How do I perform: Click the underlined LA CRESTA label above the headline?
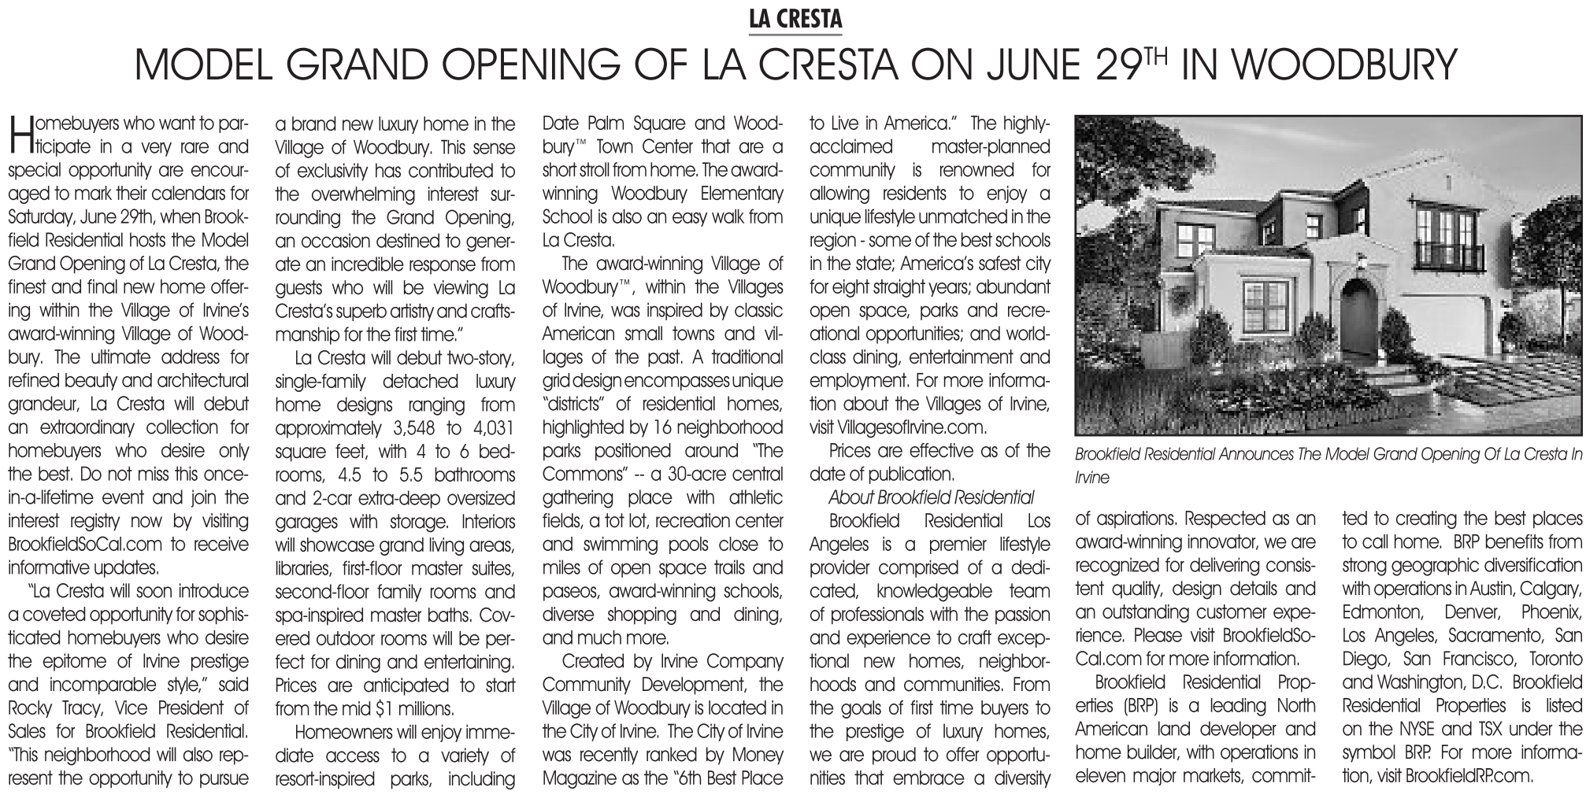(795, 20)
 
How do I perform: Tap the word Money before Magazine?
(755, 755)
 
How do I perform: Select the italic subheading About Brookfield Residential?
(931, 497)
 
